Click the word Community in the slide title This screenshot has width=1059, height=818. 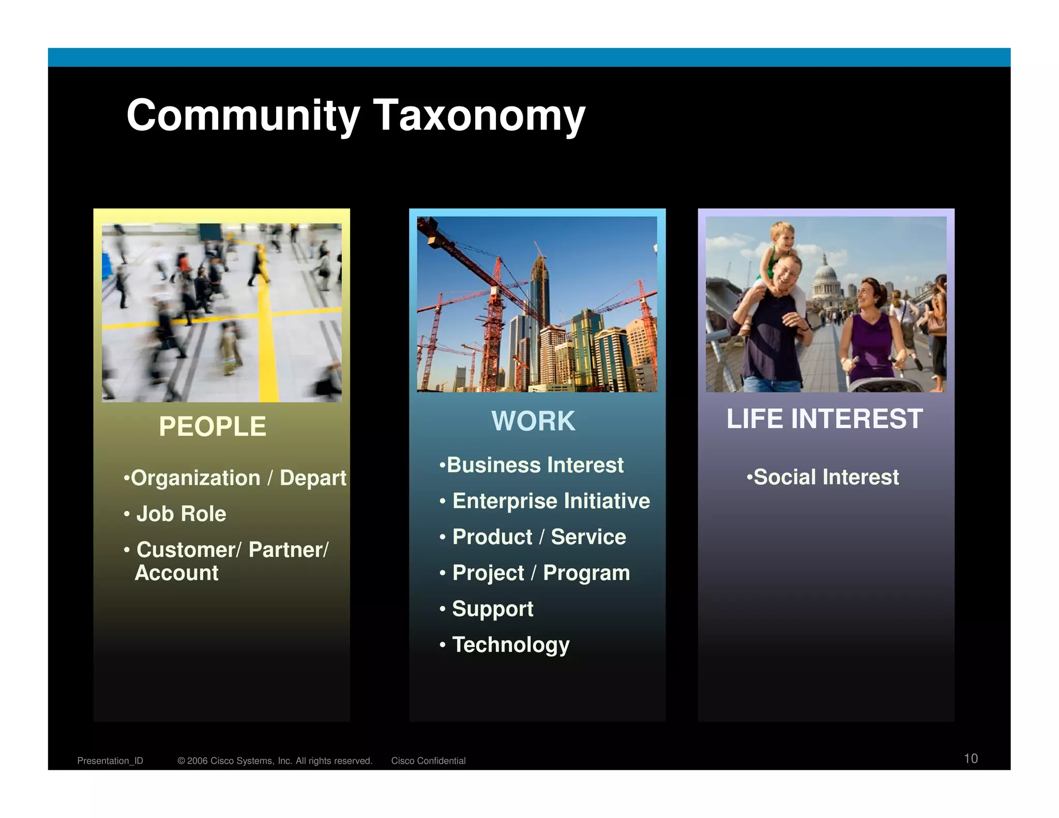243,115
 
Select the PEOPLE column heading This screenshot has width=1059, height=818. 212,427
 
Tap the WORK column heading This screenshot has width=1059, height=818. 533,421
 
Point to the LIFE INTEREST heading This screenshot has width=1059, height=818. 824,419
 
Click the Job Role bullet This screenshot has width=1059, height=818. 181,514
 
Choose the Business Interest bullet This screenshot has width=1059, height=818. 535,465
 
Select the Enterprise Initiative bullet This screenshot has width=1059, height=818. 551,501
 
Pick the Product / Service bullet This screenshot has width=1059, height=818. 539,537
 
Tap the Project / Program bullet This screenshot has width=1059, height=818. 541,573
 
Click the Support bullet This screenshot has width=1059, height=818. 492,609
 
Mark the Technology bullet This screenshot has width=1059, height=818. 510,645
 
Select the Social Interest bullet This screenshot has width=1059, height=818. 826,477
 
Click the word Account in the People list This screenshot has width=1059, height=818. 177,573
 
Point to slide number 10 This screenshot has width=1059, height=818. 971,759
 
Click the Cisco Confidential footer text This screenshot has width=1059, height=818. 428,761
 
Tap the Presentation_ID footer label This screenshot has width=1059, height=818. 110,761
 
